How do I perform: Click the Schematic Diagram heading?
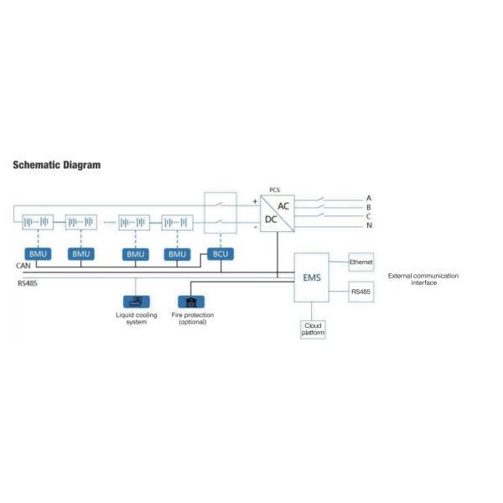[x=57, y=165]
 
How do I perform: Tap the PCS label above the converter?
[x=274, y=190]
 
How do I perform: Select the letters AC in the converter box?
[x=284, y=205]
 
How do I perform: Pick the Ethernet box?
[x=361, y=262]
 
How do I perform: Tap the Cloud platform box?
[x=313, y=329]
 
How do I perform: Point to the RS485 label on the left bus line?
[x=28, y=283]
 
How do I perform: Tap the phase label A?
[x=369, y=199]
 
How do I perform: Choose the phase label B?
[x=369, y=207]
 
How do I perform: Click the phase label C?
[x=369, y=216]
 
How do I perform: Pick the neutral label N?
[x=369, y=226]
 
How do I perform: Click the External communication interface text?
[x=423, y=279]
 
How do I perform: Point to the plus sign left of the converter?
[x=255, y=201]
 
